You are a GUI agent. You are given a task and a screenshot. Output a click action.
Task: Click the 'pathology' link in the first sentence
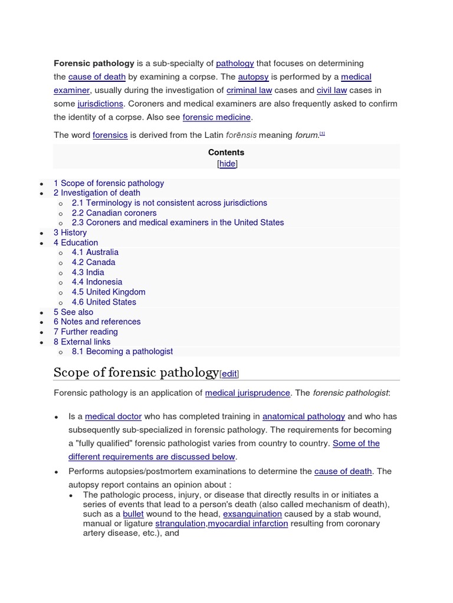(x=235, y=63)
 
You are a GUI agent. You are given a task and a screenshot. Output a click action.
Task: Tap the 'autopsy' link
(x=253, y=77)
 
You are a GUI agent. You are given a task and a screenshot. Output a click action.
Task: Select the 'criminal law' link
(x=250, y=90)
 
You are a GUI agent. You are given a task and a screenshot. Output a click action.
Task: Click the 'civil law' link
(x=331, y=90)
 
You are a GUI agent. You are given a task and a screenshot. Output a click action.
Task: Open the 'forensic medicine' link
(x=216, y=117)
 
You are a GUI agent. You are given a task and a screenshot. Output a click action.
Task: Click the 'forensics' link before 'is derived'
(x=110, y=135)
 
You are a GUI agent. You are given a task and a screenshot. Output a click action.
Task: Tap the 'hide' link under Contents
(x=227, y=164)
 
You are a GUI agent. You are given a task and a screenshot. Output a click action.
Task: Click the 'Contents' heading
(x=226, y=152)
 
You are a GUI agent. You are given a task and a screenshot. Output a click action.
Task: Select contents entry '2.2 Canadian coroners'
(x=114, y=213)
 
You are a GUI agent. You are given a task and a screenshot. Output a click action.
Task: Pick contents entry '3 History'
(x=70, y=233)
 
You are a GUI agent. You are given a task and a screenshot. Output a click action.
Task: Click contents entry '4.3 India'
(x=88, y=272)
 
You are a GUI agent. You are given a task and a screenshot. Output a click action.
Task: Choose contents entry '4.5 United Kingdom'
(x=109, y=292)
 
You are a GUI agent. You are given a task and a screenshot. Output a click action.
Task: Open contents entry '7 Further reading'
(x=86, y=332)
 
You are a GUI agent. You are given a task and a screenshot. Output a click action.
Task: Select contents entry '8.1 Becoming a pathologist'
(x=122, y=352)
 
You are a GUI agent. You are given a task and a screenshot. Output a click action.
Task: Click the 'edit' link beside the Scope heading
(x=229, y=373)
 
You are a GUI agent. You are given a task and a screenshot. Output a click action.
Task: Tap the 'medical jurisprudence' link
(x=247, y=393)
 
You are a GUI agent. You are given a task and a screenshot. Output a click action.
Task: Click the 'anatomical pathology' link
(x=304, y=416)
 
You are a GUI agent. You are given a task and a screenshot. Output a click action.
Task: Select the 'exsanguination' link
(x=252, y=514)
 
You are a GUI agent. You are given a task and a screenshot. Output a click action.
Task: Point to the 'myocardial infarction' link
(x=248, y=524)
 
